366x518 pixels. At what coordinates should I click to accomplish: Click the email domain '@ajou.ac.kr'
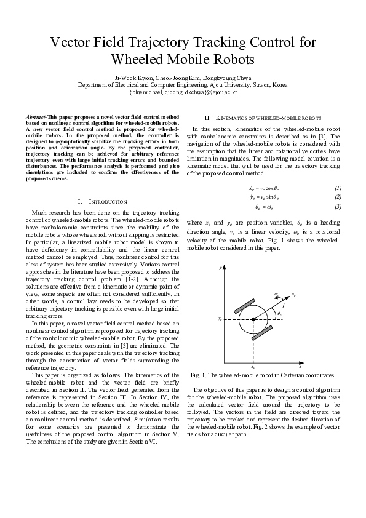tap(222, 92)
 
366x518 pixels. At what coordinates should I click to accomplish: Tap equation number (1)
tap(338, 187)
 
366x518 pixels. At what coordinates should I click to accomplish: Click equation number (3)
tap(338, 207)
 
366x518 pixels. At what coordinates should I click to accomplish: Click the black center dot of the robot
tap(253, 319)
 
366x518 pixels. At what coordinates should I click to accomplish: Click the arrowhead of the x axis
tap(301, 362)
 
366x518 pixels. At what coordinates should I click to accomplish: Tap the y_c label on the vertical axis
tap(219, 319)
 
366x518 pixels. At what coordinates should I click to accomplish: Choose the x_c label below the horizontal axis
tap(253, 367)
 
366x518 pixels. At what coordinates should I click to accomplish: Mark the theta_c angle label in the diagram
tap(279, 314)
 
